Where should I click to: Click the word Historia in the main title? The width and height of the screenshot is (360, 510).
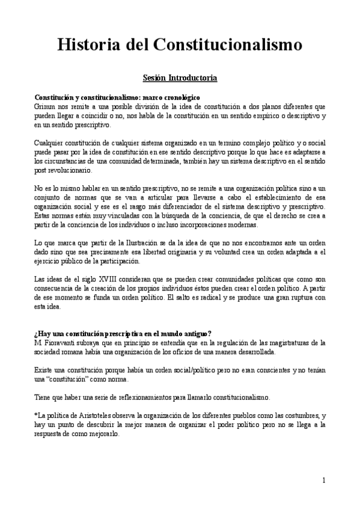click(91, 45)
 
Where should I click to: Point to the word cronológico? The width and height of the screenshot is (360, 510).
click(180, 97)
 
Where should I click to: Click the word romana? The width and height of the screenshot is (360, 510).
click(73, 352)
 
